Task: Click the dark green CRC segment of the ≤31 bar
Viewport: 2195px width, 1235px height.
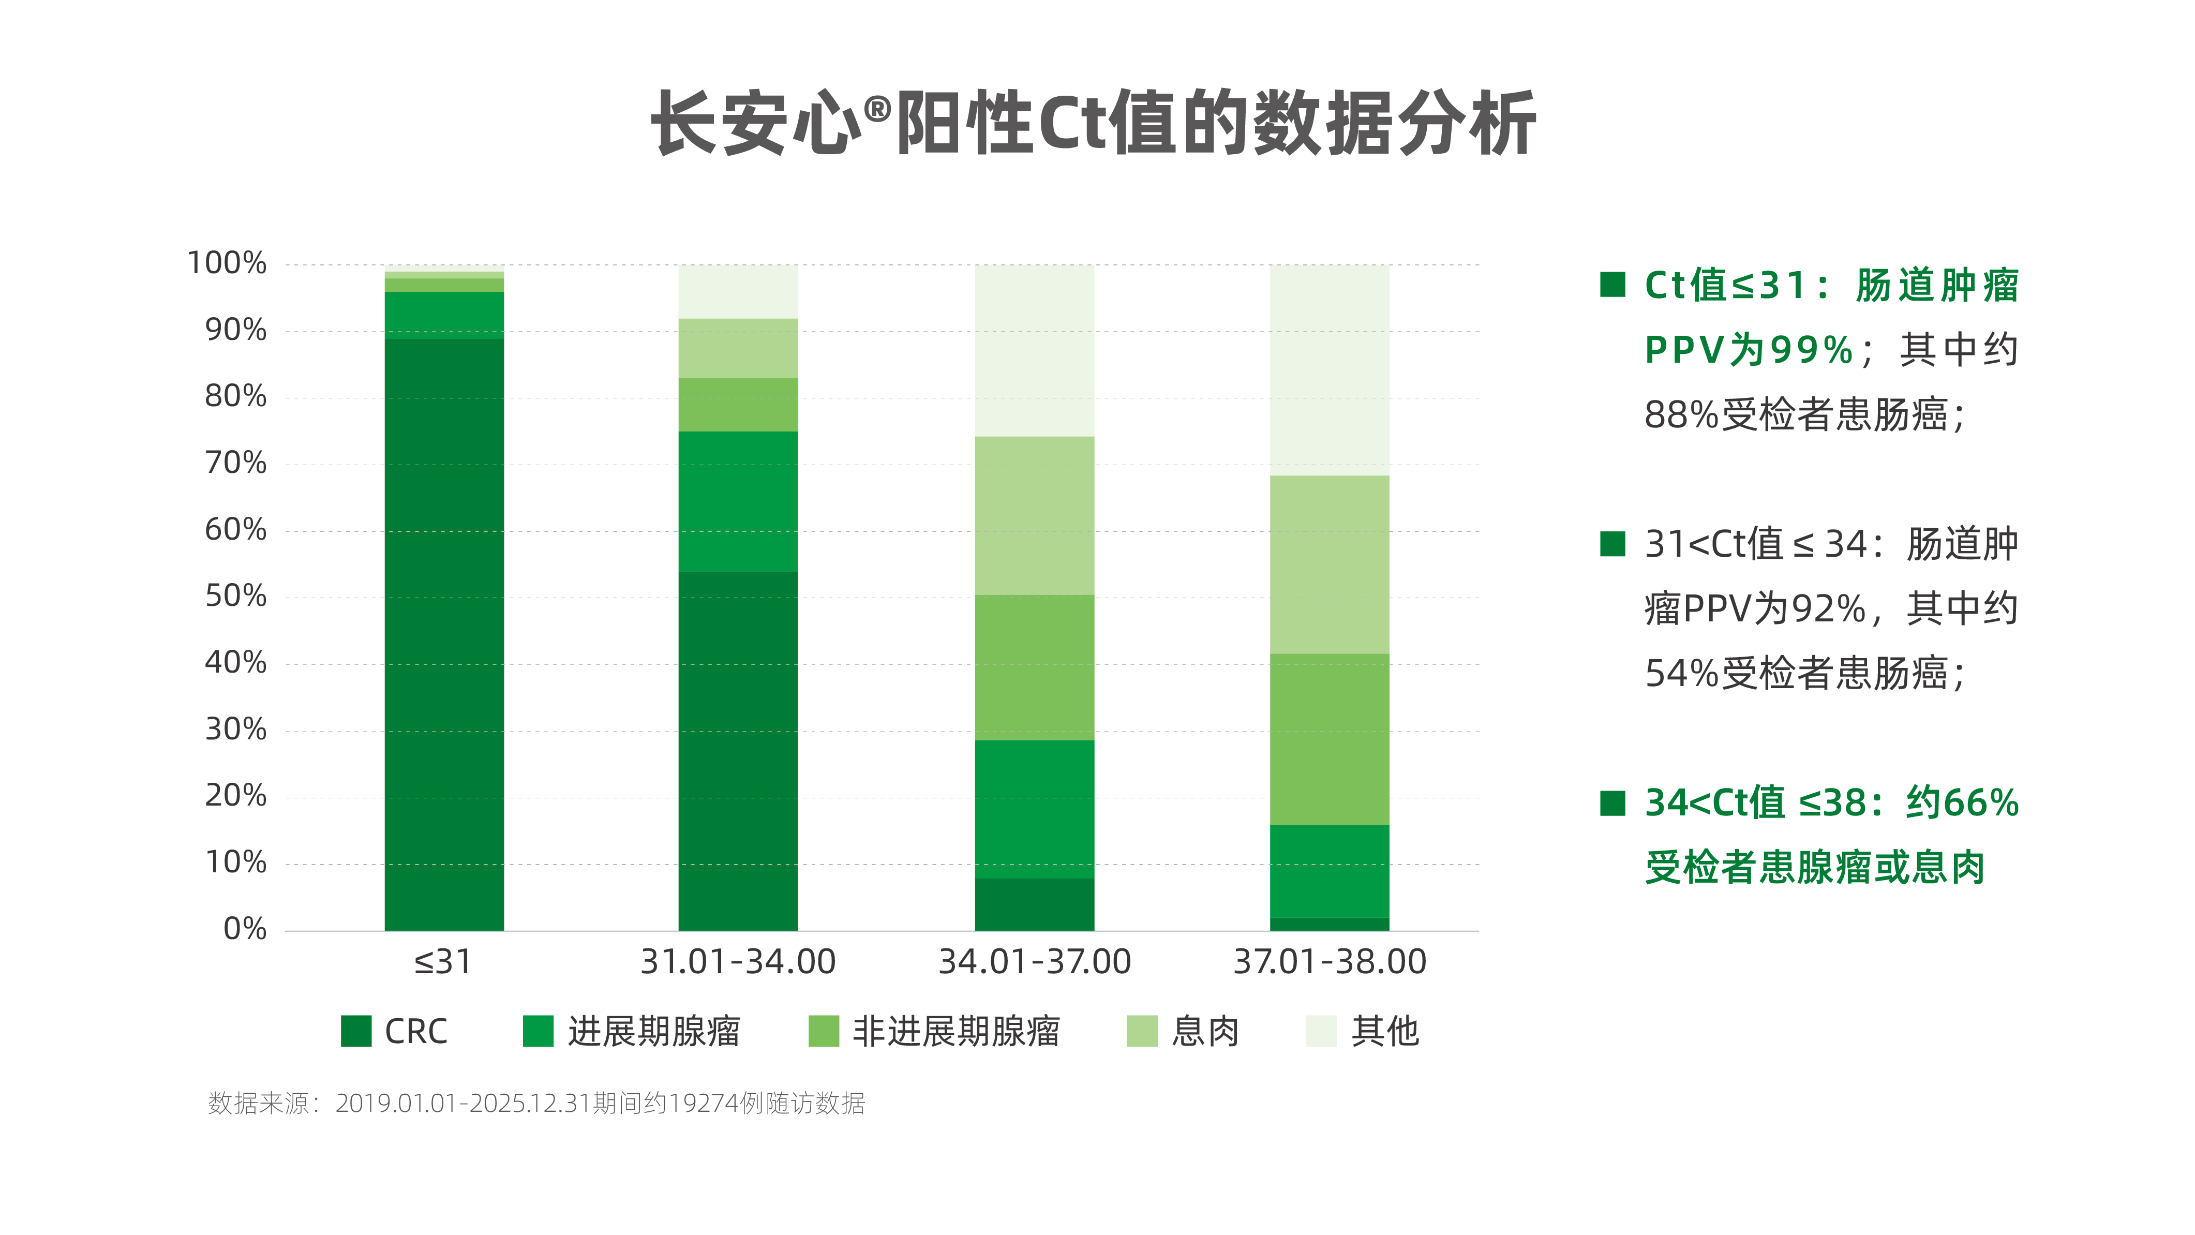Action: (444, 634)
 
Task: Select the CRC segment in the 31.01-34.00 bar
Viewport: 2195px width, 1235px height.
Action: (738, 750)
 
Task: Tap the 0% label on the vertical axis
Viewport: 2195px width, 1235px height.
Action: (245, 929)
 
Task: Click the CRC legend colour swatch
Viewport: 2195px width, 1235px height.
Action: (356, 1031)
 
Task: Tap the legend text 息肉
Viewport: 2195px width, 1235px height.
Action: (1205, 1031)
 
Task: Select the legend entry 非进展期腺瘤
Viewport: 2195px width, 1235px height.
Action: (956, 1031)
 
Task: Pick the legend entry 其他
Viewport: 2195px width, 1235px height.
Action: (1385, 1031)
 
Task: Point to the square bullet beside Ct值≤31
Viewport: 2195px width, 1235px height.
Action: (1612, 284)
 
